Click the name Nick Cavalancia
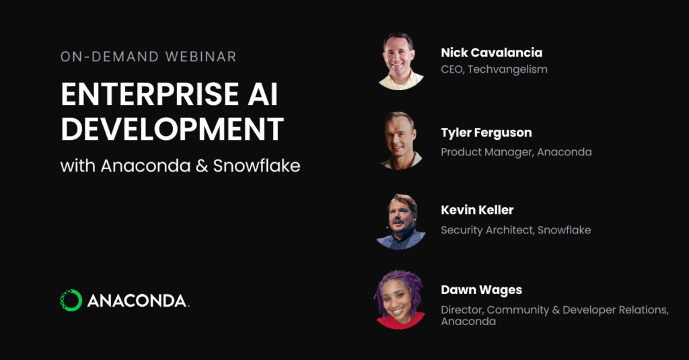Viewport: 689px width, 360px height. click(x=491, y=52)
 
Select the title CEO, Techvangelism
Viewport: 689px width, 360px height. click(x=484, y=69)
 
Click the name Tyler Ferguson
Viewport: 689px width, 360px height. click(x=486, y=133)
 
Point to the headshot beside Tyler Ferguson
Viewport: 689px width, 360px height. click(x=401, y=140)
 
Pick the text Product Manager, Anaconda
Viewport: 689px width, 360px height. click(x=516, y=152)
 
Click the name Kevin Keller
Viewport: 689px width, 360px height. click(x=477, y=210)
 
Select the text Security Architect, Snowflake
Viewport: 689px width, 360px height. click(x=515, y=230)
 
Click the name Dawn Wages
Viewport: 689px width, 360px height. click(x=481, y=290)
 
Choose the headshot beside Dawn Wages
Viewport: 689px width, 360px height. click(x=401, y=299)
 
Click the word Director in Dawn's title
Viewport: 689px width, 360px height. click(x=461, y=310)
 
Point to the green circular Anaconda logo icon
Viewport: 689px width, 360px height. click(x=71, y=300)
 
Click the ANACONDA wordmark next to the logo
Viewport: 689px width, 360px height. click(x=138, y=301)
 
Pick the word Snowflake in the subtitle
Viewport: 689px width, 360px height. click(x=256, y=166)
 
